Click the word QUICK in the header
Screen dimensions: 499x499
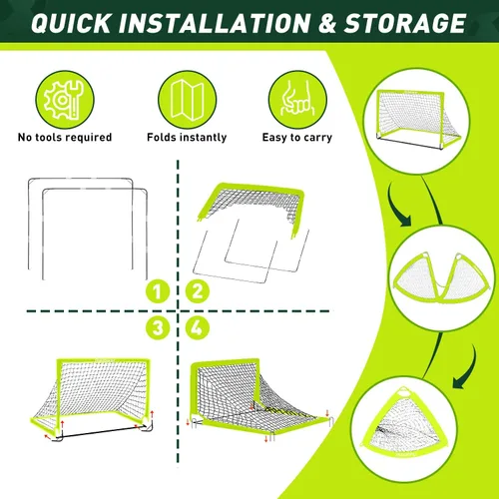pyautogui.click(x=71, y=23)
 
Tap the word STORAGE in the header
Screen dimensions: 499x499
pyautogui.click(x=405, y=23)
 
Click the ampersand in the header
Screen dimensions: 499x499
pyautogui.click(x=326, y=23)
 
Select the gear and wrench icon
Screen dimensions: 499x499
pyautogui.click(x=65, y=100)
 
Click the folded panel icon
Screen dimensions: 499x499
pyautogui.click(x=187, y=100)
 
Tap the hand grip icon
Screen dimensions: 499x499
pyautogui.click(x=297, y=100)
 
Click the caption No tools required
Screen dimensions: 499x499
pyautogui.click(x=65, y=137)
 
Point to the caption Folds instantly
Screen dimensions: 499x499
pyautogui.click(x=187, y=137)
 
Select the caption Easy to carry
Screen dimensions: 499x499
pyautogui.click(x=297, y=138)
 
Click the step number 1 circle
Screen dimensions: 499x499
pyautogui.click(x=158, y=291)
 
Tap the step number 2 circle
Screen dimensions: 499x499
pyautogui.click(x=198, y=291)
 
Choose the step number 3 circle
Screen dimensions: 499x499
pyautogui.click(x=158, y=327)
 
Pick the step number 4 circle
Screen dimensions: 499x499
pyautogui.click(x=198, y=327)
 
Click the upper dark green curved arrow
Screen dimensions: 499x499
pyautogui.click(x=396, y=207)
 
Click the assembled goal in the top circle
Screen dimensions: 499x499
pyautogui.click(x=416, y=119)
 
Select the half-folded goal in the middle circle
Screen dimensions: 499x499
pyautogui.click(x=441, y=276)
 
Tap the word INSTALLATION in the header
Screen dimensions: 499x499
pyautogui.click(x=215, y=23)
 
